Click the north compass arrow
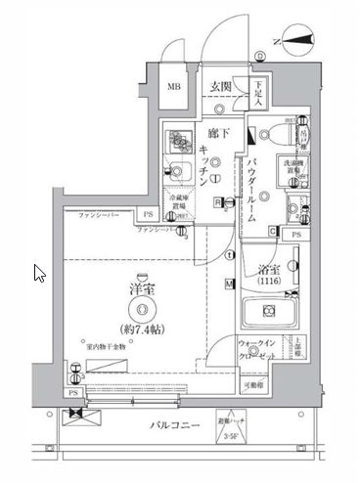pyautogui.click(x=301, y=41)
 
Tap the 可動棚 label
pyautogui.click(x=255, y=387)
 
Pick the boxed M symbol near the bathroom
pyautogui.click(x=229, y=285)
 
